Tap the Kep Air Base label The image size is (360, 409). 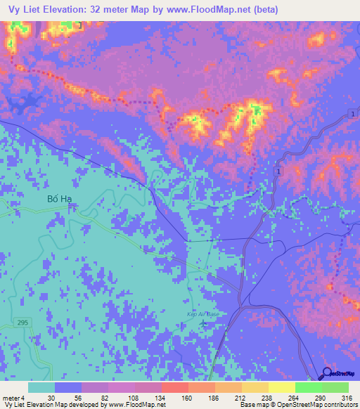(205, 313)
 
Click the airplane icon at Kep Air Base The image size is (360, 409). (205, 323)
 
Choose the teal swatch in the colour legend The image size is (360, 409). (41, 387)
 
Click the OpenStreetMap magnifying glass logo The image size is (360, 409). (327, 374)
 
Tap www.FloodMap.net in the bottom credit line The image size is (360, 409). (135, 405)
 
